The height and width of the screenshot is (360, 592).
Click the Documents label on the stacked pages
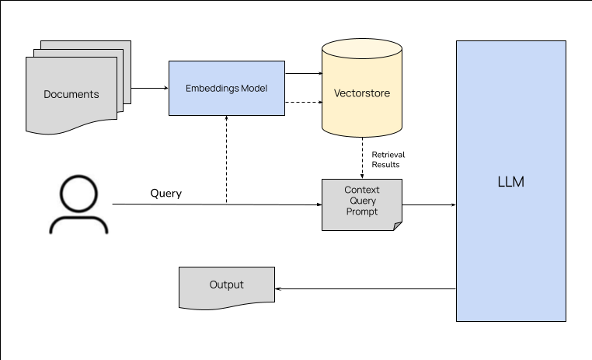pyautogui.click(x=71, y=95)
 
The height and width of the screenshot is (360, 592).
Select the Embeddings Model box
pyautogui.click(x=226, y=89)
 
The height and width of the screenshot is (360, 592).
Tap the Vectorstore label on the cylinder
pyautogui.click(x=361, y=93)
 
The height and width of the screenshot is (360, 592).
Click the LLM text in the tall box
pyautogui.click(x=510, y=182)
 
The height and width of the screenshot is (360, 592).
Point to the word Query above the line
pyautogui.click(x=165, y=194)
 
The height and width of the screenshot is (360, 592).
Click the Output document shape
pyautogui.click(x=226, y=285)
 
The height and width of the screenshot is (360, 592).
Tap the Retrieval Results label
pyautogui.click(x=388, y=159)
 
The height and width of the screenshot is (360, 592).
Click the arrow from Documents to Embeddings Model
pyautogui.click(x=149, y=88)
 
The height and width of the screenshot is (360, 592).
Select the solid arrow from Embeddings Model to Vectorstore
pyautogui.click(x=303, y=74)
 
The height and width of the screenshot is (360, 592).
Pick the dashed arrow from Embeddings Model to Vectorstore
pyautogui.click(x=303, y=103)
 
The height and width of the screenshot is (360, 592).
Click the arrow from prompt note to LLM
pyautogui.click(x=429, y=205)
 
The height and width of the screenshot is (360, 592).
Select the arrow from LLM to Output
pyautogui.click(x=365, y=288)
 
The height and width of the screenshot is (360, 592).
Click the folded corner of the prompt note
pyautogui.click(x=397, y=225)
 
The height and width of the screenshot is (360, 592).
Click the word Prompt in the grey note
pyautogui.click(x=361, y=211)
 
